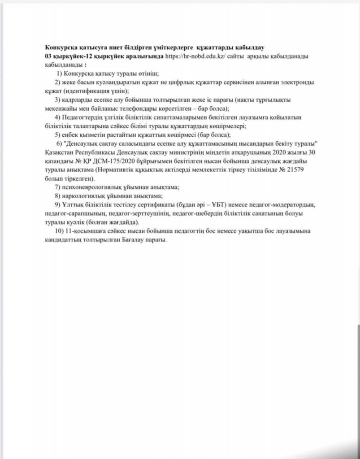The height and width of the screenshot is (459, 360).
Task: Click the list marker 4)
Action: click(58, 117)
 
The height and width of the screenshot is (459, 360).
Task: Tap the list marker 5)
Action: click(58, 135)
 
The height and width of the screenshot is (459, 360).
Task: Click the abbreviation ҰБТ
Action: click(212, 205)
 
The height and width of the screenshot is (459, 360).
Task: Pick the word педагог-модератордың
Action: click(284, 205)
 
